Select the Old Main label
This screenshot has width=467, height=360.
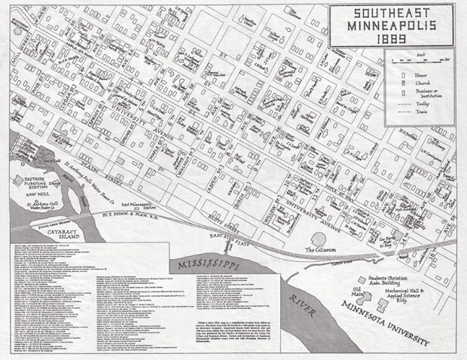click(x=346, y=289)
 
